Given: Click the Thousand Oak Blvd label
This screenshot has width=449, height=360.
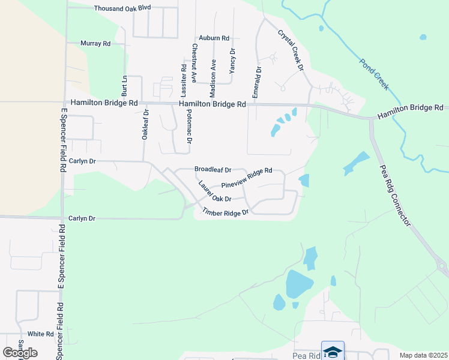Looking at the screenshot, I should (122, 8).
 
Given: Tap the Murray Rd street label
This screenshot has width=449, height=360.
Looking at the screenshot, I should (96, 44).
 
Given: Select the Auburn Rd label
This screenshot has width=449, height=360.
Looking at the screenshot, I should (214, 38).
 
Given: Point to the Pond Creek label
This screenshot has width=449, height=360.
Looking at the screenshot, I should (374, 74).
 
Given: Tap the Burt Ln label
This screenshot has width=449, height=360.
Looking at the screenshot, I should (125, 86).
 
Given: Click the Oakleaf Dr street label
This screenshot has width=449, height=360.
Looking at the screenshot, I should (145, 125).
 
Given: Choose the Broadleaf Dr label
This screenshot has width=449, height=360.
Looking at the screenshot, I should (212, 170).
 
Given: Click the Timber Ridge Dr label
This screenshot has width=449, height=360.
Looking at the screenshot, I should (225, 212).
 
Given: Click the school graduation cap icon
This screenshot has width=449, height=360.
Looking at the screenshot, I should (333, 351).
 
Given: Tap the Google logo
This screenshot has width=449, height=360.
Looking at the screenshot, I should (20, 352).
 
